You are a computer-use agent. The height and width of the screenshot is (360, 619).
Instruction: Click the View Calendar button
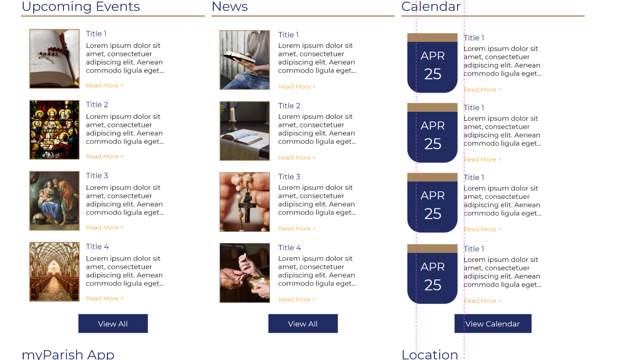point(493,324)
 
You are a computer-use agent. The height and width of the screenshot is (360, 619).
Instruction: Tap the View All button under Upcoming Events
point(113,324)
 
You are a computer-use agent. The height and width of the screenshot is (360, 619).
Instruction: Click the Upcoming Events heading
point(81,6)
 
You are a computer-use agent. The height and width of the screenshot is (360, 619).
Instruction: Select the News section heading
point(230,6)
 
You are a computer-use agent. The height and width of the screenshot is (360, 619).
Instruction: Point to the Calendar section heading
point(431,6)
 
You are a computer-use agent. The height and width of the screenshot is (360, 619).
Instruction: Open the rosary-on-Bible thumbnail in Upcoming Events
point(54,59)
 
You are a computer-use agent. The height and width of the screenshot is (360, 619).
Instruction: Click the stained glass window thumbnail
point(54,130)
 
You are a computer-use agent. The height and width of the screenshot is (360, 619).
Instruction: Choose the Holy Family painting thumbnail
point(54,201)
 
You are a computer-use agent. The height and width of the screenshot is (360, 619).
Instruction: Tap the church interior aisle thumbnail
point(54,272)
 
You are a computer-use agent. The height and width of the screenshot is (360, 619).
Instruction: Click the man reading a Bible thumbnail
point(245,60)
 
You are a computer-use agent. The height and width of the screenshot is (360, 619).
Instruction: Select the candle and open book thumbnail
point(245,131)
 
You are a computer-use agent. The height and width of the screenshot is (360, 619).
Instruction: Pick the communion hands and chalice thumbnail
point(245,273)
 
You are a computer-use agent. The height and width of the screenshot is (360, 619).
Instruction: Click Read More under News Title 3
point(297,229)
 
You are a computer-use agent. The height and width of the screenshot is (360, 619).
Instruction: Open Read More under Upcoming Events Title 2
point(105,157)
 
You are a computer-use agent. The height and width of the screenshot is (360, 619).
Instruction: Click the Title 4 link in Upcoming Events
point(97,246)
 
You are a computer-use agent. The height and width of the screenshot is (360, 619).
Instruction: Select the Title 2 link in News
point(289,106)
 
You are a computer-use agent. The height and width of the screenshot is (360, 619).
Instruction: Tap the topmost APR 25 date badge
point(432,63)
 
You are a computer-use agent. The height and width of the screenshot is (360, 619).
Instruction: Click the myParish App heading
point(68,354)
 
